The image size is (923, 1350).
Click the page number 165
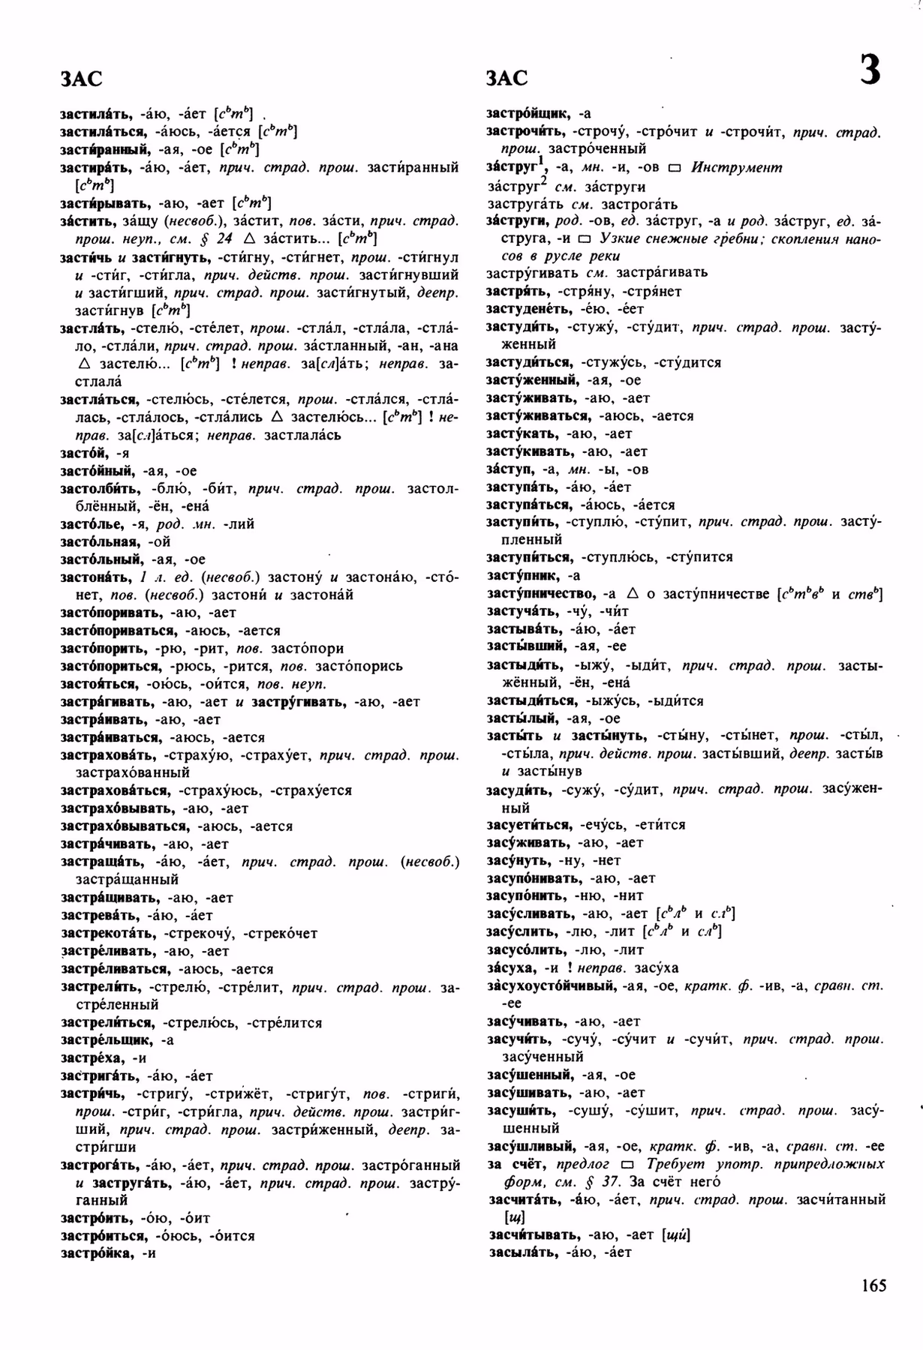pos(873,1286)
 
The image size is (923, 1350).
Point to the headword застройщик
pos(527,114)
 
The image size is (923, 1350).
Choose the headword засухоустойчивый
pos(552,985)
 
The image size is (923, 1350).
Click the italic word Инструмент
pos(736,168)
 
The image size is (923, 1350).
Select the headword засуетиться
pos(528,825)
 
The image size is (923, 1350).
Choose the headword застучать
pos(522,612)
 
